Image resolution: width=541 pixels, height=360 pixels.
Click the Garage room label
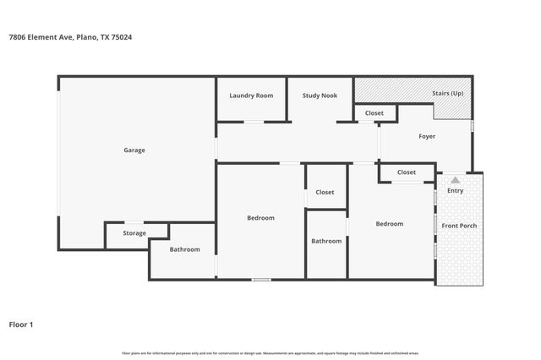tap(134, 150)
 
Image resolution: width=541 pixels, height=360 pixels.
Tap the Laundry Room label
tap(251, 95)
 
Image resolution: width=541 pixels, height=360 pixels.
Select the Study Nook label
tap(320, 95)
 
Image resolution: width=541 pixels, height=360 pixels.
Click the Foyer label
tap(427, 136)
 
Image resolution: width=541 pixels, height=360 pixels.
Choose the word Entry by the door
tap(455, 191)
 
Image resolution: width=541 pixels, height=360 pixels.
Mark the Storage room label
tap(134, 233)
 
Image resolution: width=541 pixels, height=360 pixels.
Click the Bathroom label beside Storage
tap(184, 249)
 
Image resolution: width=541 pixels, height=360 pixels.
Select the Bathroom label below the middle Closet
tap(326, 241)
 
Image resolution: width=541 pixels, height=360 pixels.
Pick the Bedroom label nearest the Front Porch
tap(390, 224)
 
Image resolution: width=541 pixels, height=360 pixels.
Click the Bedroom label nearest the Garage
tap(260, 218)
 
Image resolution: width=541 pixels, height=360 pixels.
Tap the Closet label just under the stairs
tap(374, 113)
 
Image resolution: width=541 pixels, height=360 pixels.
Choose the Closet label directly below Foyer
tap(407, 172)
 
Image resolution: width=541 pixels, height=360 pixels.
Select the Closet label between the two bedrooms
tap(325, 193)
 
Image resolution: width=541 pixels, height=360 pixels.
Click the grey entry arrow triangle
tap(455, 180)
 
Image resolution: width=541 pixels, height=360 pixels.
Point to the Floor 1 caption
tap(21, 325)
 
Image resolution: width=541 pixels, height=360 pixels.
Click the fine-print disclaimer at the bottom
tap(270, 352)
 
